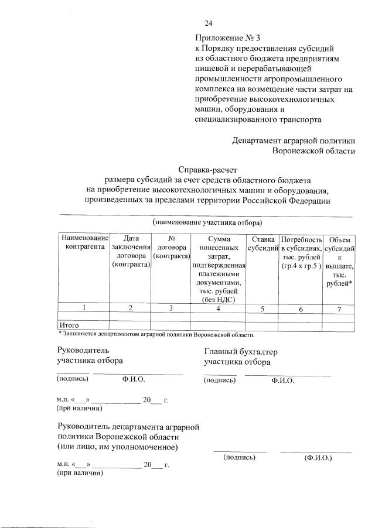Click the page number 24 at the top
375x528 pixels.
[x=208, y=23]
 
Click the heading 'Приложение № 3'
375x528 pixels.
[x=224, y=38]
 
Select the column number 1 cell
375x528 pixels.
[x=83, y=308]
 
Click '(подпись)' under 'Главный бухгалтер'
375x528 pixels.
[x=220, y=380]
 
